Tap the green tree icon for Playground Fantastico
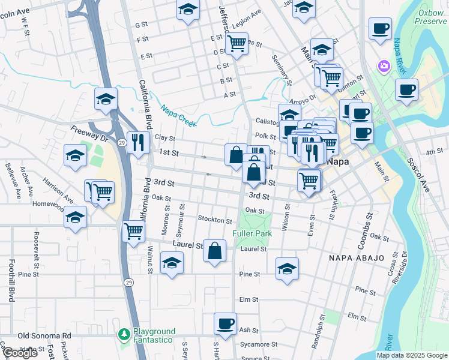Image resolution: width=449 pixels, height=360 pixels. [124, 334]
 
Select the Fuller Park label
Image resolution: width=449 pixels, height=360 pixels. [252, 233]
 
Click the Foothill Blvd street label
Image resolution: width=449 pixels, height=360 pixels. [11, 280]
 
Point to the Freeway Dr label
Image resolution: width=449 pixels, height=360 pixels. [88, 134]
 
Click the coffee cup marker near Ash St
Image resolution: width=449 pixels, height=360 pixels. [226, 324]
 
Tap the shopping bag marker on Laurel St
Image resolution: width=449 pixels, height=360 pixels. [214, 250]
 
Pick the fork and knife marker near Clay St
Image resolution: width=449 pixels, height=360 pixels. [138, 143]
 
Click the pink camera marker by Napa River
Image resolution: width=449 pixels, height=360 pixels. [382, 65]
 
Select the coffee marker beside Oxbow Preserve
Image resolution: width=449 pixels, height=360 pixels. [380, 29]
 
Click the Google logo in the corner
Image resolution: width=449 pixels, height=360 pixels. [20, 353]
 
